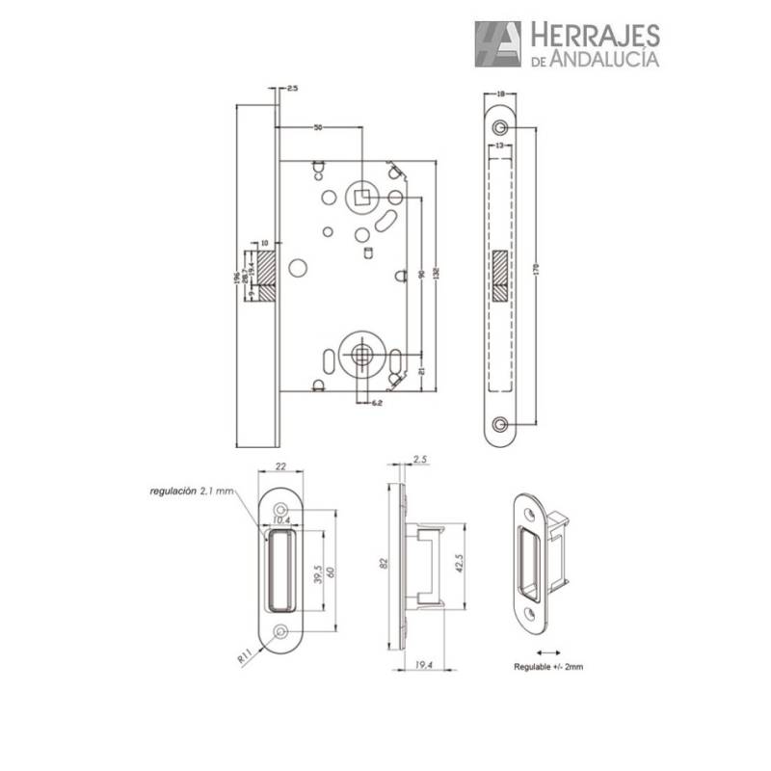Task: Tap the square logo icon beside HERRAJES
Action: (x=497, y=44)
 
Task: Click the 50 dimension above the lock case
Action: (x=317, y=126)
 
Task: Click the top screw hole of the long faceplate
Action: (x=499, y=129)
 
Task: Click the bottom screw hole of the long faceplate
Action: (x=499, y=424)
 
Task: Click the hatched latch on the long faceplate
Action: (x=499, y=278)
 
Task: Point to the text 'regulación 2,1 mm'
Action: (x=193, y=492)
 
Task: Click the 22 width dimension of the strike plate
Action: (x=280, y=466)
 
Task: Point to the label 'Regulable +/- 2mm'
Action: (x=548, y=666)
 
